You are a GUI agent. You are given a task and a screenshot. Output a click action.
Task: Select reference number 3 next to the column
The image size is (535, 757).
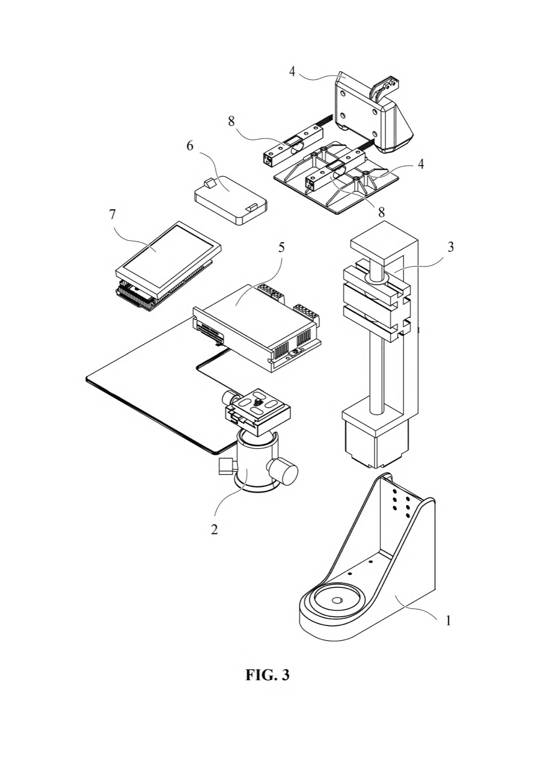451,247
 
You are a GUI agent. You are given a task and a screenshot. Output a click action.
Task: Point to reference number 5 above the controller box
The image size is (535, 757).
281,247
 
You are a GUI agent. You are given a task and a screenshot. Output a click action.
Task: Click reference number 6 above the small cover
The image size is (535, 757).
190,146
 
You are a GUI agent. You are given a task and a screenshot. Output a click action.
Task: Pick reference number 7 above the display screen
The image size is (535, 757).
113,214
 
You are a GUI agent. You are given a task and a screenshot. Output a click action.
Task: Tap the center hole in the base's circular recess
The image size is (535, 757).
337,600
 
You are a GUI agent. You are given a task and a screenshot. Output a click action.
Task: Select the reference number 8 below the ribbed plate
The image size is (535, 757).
381,212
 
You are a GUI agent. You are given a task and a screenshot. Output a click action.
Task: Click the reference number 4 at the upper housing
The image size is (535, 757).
292,71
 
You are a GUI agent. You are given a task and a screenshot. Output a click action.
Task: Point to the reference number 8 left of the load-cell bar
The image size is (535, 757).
231,121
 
